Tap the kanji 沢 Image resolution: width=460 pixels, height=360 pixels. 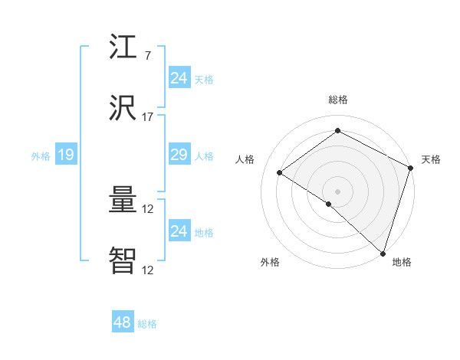click(x=124, y=109)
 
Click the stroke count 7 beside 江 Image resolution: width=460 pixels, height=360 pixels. click(x=147, y=56)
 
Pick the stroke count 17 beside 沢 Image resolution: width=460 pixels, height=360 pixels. click(x=147, y=117)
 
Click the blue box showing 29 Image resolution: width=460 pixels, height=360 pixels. click(x=179, y=155)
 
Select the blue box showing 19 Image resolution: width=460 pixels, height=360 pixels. click(x=65, y=155)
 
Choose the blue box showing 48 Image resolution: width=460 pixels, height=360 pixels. click(x=122, y=322)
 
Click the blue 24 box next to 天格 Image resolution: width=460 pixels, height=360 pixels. click(x=179, y=78)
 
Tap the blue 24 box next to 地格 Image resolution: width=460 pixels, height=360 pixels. click(x=179, y=231)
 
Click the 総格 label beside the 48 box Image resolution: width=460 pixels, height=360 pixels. click(x=147, y=324)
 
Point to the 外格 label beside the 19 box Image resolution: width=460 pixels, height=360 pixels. click(x=41, y=156)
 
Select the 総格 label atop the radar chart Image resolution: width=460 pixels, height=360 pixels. click(x=337, y=100)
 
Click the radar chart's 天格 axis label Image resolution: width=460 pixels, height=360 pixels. click(x=431, y=159)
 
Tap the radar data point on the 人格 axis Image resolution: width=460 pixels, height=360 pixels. click(x=280, y=172)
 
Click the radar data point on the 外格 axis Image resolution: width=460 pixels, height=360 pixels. click(x=328, y=204)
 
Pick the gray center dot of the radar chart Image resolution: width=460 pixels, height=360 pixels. click(x=337, y=191)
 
